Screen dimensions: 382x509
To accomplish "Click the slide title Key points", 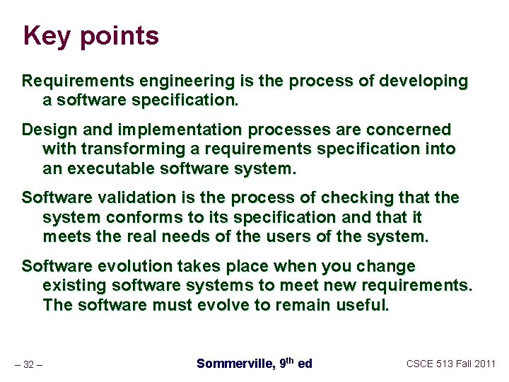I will (90, 35).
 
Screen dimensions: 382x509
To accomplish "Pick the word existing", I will (72, 286).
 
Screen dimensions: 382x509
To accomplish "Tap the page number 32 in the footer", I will (29, 364).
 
